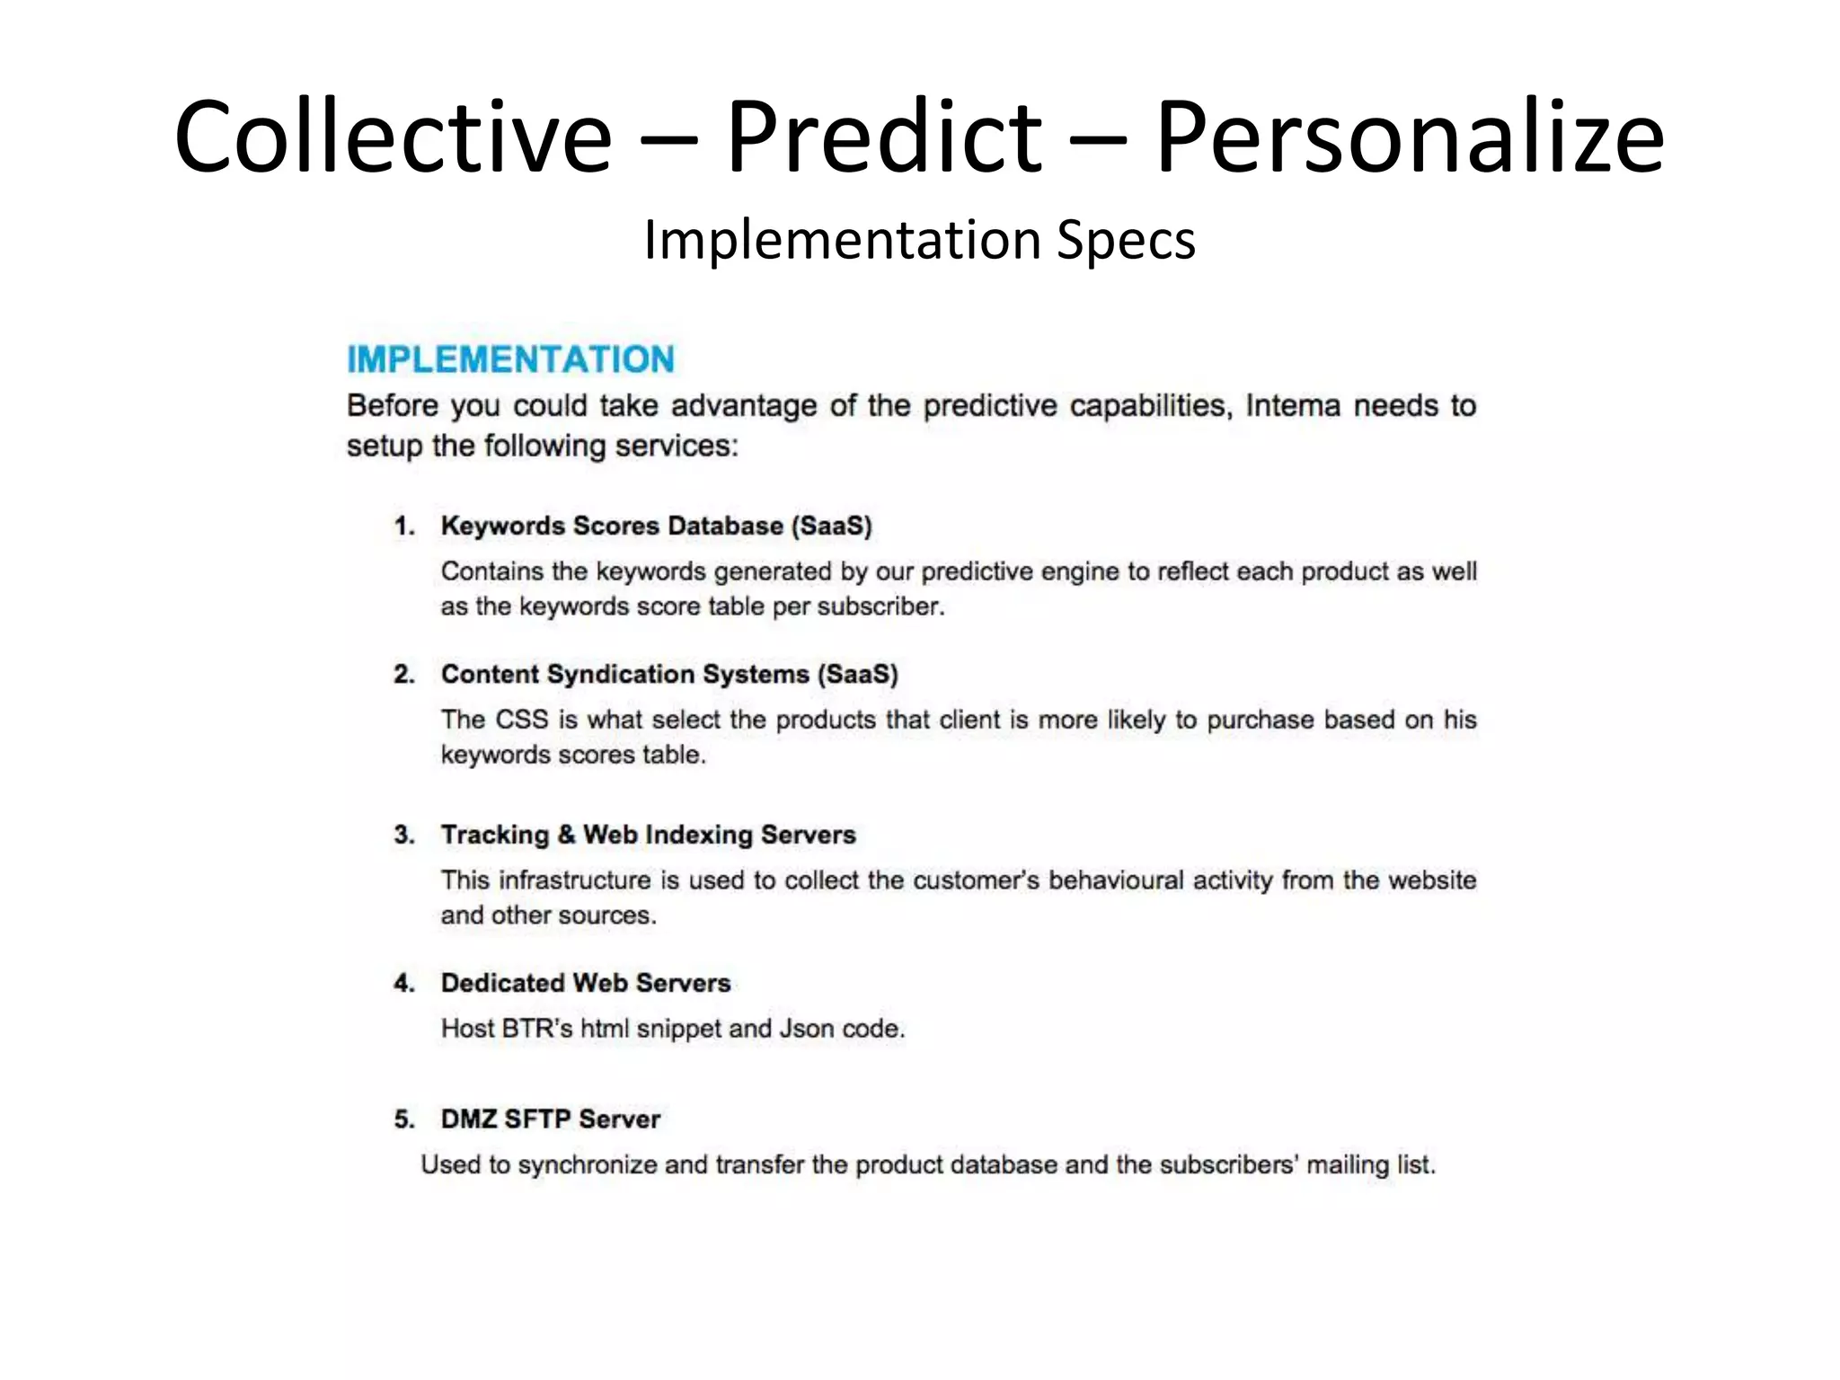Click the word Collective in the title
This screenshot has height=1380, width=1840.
pyautogui.click(x=393, y=137)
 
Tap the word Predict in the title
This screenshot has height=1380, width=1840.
pyautogui.click(x=883, y=137)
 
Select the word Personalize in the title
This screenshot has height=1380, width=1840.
pyautogui.click(x=1409, y=137)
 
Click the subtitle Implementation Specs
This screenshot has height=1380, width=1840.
pyautogui.click(x=919, y=240)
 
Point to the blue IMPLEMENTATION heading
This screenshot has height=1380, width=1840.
pyautogui.click(x=510, y=359)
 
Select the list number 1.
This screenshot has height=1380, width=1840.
pyautogui.click(x=403, y=526)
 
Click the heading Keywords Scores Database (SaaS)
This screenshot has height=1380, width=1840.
pyautogui.click(x=656, y=526)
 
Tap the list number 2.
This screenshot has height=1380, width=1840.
pyautogui.click(x=403, y=675)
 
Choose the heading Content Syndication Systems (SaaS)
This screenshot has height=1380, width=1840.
pyautogui.click(x=669, y=675)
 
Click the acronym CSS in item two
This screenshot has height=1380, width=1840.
pyautogui.click(x=521, y=720)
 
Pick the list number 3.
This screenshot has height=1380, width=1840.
pyautogui.click(x=403, y=835)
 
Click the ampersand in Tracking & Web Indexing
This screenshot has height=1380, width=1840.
pyautogui.click(x=566, y=835)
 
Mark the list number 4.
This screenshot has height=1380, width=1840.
pyautogui.click(x=403, y=983)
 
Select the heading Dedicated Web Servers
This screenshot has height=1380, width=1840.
pyautogui.click(x=586, y=983)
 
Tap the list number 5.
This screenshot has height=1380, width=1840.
pyautogui.click(x=403, y=1119)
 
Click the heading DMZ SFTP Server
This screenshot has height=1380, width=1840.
pyautogui.click(x=550, y=1119)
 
